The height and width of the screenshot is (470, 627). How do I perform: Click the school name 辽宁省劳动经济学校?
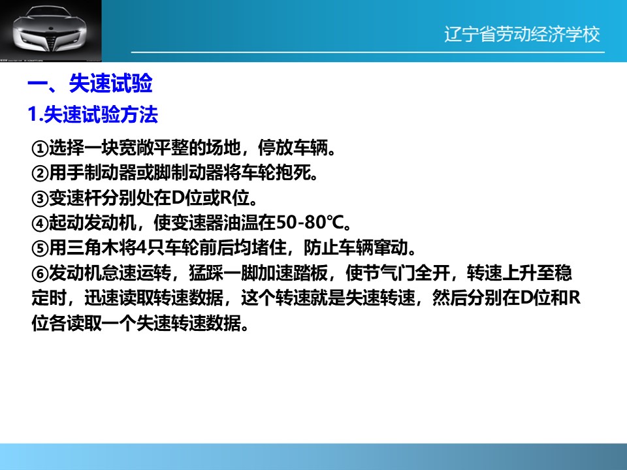522,35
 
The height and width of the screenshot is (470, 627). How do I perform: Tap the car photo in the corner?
51,31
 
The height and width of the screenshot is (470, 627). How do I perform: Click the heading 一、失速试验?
90,84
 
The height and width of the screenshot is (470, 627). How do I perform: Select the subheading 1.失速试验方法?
93,115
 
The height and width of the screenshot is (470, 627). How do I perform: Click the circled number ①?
40,149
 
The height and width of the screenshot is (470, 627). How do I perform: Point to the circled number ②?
40,174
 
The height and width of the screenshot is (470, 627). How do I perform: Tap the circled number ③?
40,198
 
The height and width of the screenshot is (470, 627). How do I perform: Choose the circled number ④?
40,223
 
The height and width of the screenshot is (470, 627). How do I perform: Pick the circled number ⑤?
40,249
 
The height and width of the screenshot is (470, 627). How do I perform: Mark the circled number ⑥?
40,274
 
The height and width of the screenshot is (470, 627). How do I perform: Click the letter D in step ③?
178,197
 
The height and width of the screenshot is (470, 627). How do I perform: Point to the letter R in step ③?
225,197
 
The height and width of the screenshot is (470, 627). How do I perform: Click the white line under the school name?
368,52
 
